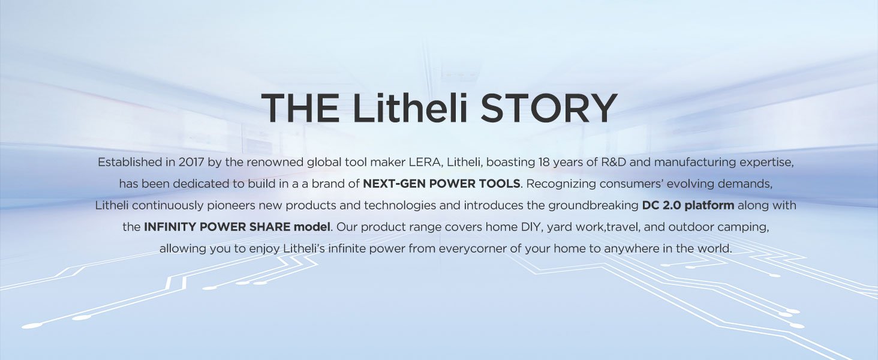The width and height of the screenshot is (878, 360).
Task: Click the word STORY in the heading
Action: click(549, 108)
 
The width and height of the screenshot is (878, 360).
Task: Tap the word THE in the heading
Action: click(300, 108)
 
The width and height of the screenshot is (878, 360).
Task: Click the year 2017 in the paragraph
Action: click(191, 162)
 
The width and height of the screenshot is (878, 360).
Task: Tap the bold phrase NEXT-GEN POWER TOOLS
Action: click(442, 184)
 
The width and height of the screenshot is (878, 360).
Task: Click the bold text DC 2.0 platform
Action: click(688, 205)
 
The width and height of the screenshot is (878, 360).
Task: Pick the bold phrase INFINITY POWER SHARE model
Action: click(237, 227)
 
